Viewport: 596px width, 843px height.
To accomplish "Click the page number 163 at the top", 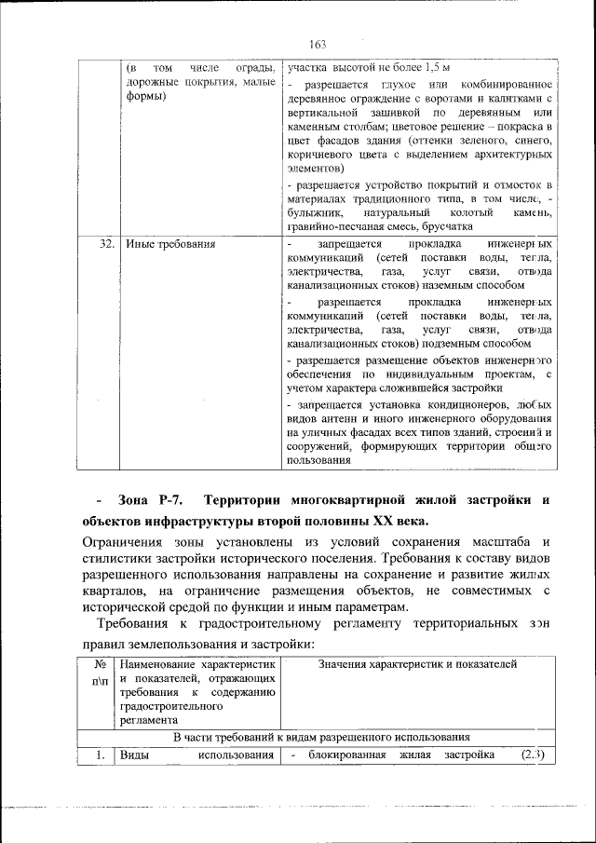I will [316, 45].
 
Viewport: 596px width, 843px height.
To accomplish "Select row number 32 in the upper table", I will [106, 244].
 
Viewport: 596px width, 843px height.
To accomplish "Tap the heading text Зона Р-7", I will [155, 500].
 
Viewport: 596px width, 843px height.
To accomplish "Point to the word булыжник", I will [318, 213].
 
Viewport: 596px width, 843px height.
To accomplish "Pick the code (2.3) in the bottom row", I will [534, 754].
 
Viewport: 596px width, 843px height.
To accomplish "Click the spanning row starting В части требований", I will [321, 736].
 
